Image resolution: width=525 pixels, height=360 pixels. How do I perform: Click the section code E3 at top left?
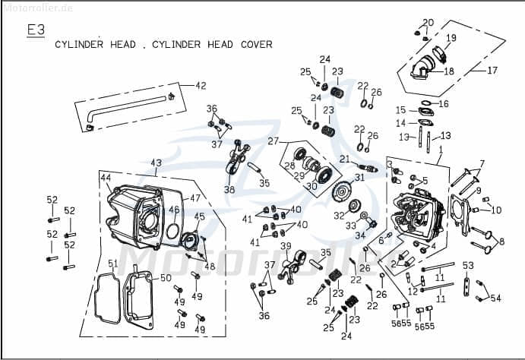[x=36, y=30]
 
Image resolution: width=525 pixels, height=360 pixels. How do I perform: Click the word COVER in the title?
[x=254, y=45]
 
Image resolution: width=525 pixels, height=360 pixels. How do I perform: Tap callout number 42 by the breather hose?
[x=201, y=86]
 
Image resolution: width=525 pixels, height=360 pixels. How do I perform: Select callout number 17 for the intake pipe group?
[x=492, y=71]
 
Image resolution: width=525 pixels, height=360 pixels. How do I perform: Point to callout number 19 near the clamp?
[x=451, y=38]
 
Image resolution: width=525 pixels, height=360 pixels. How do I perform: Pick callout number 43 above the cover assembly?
[x=156, y=163]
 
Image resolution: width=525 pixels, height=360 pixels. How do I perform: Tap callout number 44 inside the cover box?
[x=106, y=177]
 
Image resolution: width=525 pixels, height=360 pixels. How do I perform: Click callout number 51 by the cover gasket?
[x=112, y=264]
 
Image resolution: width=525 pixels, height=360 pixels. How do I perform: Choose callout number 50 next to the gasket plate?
[x=166, y=279]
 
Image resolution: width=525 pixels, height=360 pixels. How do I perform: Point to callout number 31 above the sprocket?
[x=359, y=177]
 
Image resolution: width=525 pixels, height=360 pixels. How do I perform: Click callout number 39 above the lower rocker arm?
[x=286, y=246]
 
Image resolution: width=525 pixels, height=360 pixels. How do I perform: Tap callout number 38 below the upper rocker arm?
[x=229, y=190]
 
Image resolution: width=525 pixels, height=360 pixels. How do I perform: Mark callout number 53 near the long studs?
[x=468, y=265]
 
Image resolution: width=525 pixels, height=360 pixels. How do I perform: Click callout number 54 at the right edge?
[x=496, y=298]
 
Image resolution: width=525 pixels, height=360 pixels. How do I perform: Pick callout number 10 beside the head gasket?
[x=497, y=210]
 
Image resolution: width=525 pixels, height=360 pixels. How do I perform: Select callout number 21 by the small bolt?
[x=344, y=159]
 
